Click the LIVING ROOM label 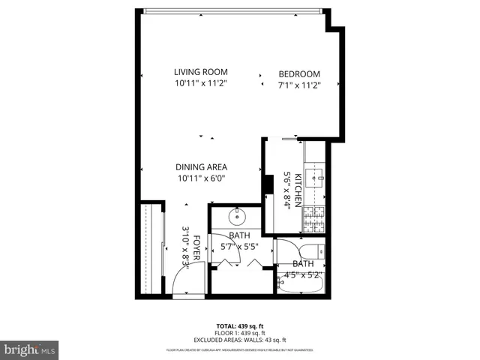pyautogui.click(x=201, y=72)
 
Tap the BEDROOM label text pyautogui.click(x=299, y=73)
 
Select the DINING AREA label pyautogui.click(x=201, y=167)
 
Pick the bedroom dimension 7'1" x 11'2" pyautogui.click(x=299, y=85)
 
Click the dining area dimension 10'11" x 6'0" pyautogui.click(x=201, y=178)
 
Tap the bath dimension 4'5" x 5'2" pyautogui.click(x=303, y=274)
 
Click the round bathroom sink pyautogui.click(x=235, y=217)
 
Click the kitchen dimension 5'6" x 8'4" pyautogui.click(x=286, y=189)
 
